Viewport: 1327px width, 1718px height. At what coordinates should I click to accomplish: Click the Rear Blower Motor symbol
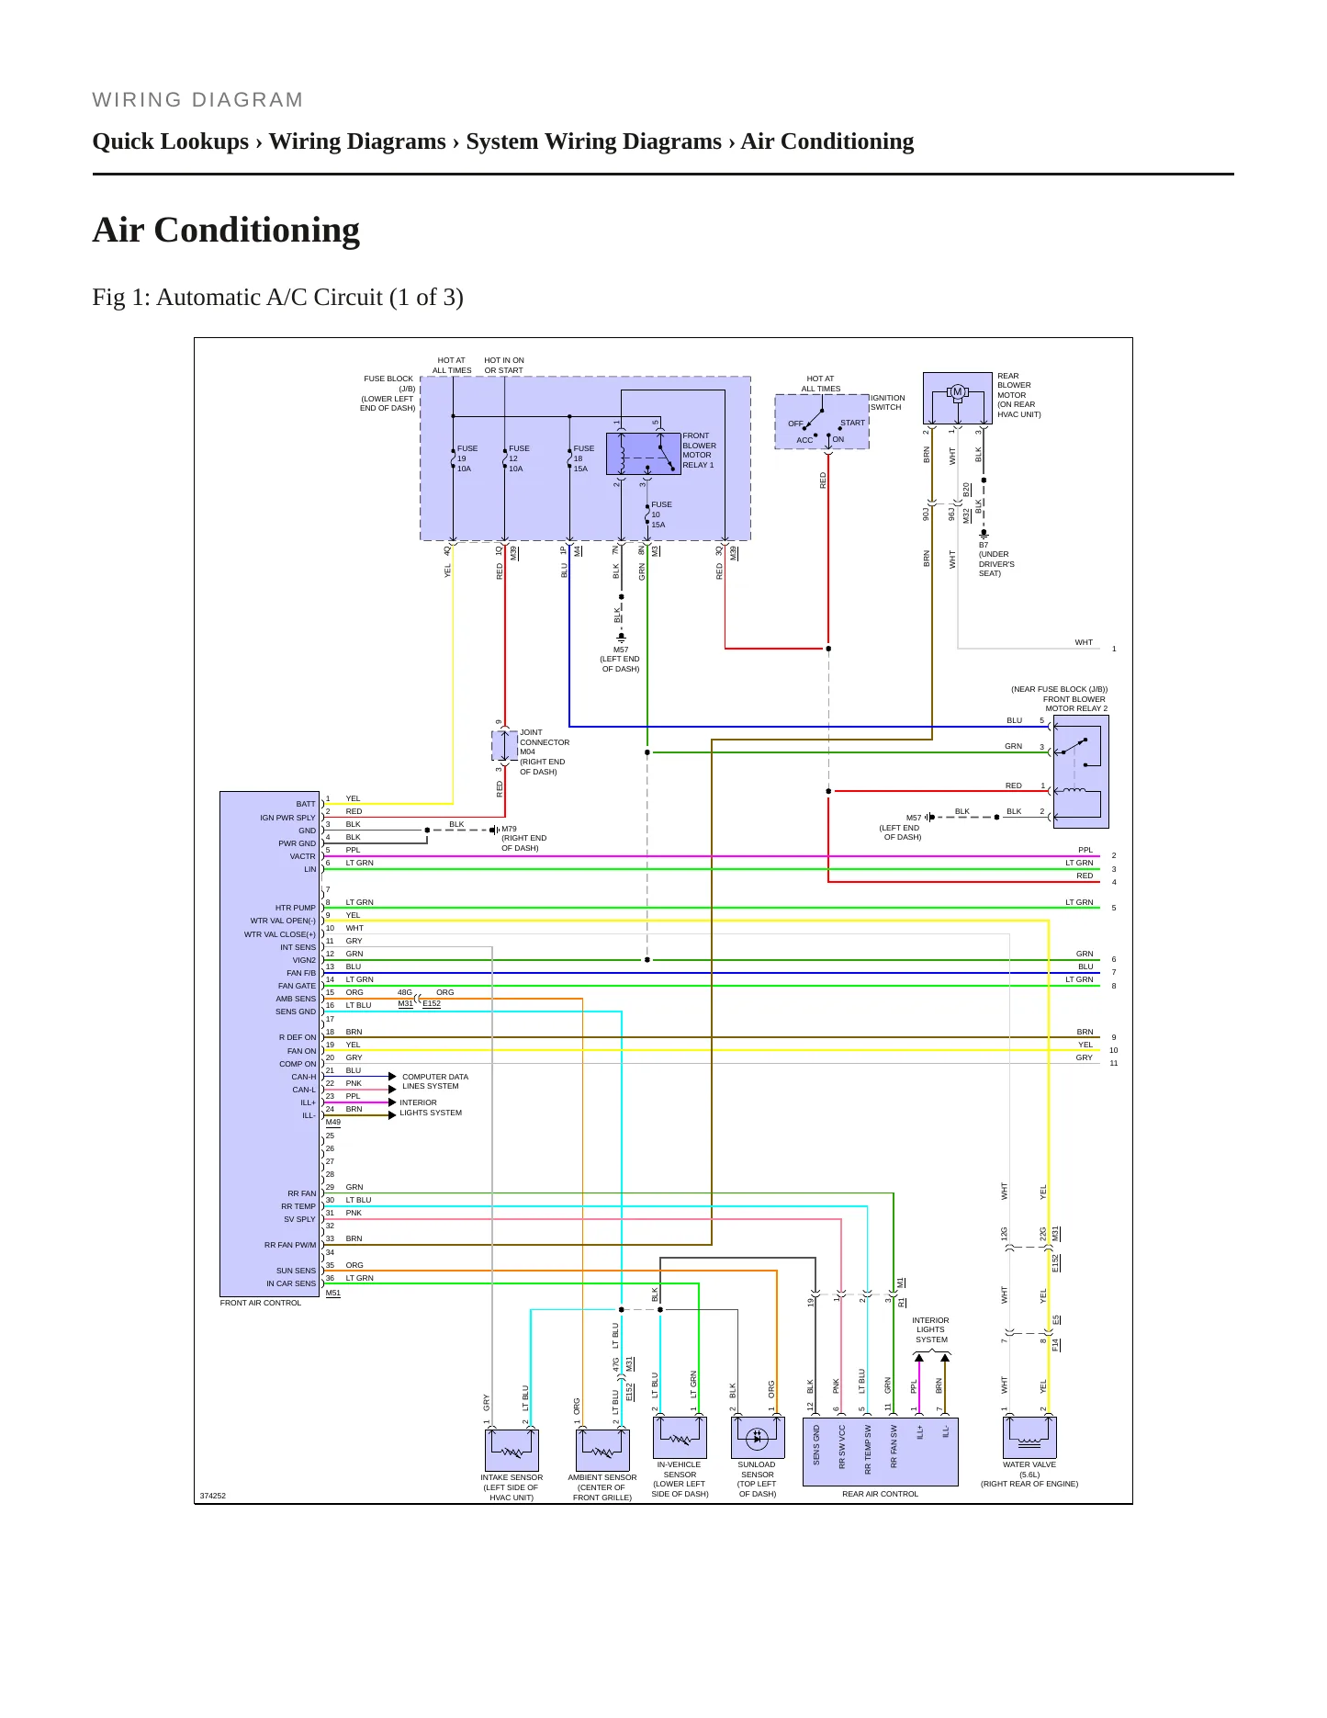(958, 397)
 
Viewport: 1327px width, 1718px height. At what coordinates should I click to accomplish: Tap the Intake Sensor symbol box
(512, 1450)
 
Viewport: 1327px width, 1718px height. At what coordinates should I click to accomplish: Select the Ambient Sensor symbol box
(602, 1450)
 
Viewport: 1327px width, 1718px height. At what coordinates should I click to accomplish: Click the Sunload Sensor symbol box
(758, 1437)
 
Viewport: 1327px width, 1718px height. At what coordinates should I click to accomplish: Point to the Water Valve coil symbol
(1029, 1437)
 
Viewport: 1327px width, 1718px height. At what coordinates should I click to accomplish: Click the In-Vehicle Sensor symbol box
(680, 1437)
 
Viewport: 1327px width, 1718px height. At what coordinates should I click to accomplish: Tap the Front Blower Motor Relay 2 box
(1081, 772)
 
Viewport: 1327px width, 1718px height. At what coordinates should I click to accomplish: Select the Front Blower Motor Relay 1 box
(644, 454)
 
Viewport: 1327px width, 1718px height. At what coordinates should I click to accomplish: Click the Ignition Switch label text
(888, 402)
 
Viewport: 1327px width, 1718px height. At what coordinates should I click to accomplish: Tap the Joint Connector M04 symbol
(505, 746)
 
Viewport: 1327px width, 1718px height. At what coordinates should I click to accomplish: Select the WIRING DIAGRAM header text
(197, 100)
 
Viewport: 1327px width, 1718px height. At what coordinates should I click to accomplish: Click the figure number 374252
(213, 1496)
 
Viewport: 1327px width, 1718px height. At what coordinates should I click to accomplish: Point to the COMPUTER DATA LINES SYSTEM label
(435, 1081)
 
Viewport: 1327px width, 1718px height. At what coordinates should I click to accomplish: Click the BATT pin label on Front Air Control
(306, 804)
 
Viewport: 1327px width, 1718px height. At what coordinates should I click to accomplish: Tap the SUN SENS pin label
(296, 1271)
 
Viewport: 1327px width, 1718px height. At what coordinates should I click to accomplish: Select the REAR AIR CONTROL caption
(880, 1494)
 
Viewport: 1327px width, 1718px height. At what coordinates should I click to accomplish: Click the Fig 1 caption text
(277, 298)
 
